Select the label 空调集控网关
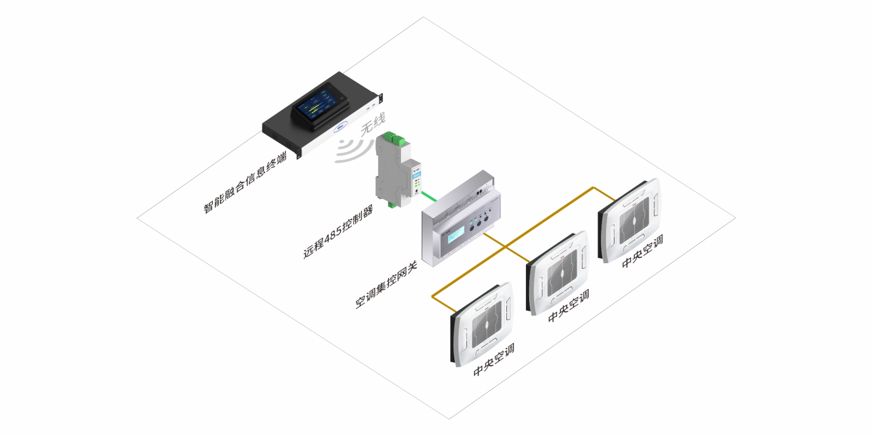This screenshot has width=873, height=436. tap(386, 284)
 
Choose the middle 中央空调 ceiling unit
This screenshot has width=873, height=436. tap(558, 272)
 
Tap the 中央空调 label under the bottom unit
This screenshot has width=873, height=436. tap(494, 360)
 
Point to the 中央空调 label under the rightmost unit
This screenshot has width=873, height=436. tap(643, 251)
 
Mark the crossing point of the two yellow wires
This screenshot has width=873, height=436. tap(505, 247)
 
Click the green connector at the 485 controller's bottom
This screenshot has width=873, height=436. tap(392, 204)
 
